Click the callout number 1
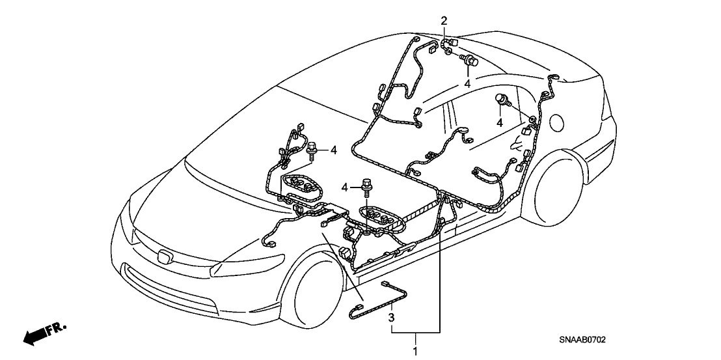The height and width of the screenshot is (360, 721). point(416,352)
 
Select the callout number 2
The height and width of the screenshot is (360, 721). point(444,21)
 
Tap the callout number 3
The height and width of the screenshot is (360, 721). point(391,317)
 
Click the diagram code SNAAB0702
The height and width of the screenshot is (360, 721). point(582,340)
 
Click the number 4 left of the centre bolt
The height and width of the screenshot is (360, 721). point(344,187)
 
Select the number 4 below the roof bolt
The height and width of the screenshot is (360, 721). point(467,84)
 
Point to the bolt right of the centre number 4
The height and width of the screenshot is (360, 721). point(366,186)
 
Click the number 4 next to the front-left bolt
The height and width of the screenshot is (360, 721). point(334,150)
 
